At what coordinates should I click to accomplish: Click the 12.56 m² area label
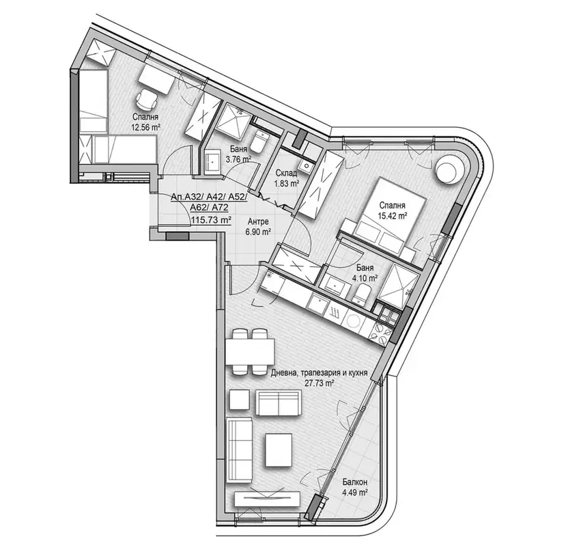click(146, 127)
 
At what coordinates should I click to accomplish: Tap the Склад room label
click(287, 173)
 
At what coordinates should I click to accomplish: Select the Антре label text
click(258, 221)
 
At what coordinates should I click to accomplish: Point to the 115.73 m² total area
click(211, 219)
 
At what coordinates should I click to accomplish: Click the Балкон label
click(355, 482)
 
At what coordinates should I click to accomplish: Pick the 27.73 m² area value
click(319, 383)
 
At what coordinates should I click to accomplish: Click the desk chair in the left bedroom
click(147, 99)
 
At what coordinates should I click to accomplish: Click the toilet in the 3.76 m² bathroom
click(259, 143)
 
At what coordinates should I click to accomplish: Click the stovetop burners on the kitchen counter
click(380, 333)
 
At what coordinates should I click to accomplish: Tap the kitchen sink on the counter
click(317, 303)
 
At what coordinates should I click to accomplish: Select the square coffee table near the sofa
click(279, 450)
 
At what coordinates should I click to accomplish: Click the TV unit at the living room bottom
click(267, 499)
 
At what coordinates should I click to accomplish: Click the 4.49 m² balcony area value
click(355, 492)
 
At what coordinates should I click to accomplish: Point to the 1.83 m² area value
click(287, 184)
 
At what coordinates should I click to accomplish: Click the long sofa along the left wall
click(239, 450)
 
